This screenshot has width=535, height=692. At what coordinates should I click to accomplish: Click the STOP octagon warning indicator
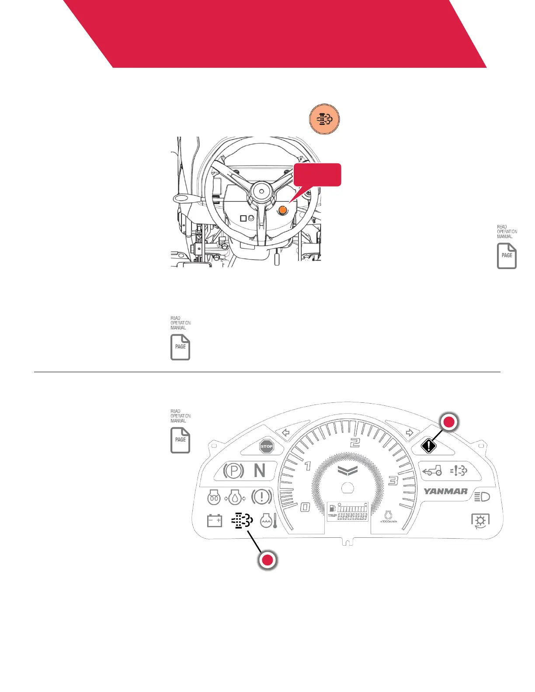point(267,446)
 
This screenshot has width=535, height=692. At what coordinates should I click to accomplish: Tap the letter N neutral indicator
point(260,471)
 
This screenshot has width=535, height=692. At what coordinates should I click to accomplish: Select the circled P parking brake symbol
point(233,471)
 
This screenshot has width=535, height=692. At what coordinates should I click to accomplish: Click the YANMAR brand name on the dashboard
point(445,491)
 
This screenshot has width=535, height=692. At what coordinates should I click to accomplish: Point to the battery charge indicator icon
point(214,520)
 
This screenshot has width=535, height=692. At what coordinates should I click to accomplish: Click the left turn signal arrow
point(286,433)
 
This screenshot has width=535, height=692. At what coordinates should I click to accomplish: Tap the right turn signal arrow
point(409,433)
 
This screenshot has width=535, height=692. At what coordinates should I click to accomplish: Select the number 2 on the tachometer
point(355,443)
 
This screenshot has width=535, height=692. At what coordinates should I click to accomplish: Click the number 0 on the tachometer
point(305,507)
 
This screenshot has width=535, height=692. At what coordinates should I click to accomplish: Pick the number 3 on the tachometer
point(393,481)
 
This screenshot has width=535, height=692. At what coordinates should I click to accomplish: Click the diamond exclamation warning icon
point(429,446)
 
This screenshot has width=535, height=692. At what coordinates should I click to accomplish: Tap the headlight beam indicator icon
point(482,497)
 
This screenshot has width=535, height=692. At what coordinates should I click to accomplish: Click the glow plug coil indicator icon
point(214,497)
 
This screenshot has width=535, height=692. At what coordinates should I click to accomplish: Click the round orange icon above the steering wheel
point(324,119)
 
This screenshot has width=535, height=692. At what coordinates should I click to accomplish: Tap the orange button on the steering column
point(283,210)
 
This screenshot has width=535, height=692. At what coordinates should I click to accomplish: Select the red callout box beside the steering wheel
point(317,175)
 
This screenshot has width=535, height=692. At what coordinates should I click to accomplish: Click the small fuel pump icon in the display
point(332,509)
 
